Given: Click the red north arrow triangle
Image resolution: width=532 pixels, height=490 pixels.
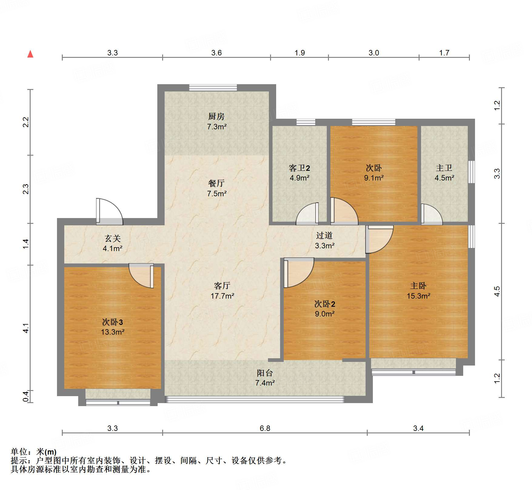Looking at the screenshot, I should pyautogui.click(x=30, y=54).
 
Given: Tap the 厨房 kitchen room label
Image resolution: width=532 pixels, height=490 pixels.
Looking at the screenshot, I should pyautogui.click(x=216, y=116).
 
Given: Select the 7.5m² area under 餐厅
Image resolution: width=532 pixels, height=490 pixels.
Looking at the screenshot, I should pyautogui.click(x=216, y=194).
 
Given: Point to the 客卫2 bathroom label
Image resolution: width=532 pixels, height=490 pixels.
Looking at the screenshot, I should pyautogui.click(x=299, y=168).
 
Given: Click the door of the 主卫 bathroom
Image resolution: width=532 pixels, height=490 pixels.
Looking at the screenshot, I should pyautogui.click(x=431, y=215).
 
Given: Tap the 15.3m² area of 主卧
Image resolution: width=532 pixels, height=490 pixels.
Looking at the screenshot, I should pyautogui.click(x=418, y=296).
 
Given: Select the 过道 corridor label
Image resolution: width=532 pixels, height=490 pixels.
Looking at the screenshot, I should pyautogui.click(x=324, y=235).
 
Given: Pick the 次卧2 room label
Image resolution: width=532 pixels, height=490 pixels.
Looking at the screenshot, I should pyautogui.click(x=324, y=304).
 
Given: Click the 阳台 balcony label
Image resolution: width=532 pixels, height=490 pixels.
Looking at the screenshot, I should pyautogui.click(x=265, y=373).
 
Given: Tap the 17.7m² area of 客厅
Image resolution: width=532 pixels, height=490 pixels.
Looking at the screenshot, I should pyautogui.click(x=222, y=296).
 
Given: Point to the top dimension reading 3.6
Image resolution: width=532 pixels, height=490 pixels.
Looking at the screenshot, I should pyautogui.click(x=216, y=53).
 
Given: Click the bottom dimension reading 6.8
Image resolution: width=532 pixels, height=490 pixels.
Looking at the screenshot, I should pyautogui.click(x=265, y=428).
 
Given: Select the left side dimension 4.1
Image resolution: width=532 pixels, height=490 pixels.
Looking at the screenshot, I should pyautogui.click(x=26, y=328).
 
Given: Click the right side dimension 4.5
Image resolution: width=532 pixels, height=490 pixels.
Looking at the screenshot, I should pyautogui.click(x=497, y=291).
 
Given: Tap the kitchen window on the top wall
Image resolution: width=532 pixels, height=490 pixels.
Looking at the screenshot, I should pyautogui.click(x=213, y=88).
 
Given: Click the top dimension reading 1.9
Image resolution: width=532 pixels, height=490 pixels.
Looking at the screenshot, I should pyautogui.click(x=299, y=53).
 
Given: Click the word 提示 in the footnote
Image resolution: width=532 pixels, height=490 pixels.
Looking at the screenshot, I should pyautogui.click(x=19, y=461).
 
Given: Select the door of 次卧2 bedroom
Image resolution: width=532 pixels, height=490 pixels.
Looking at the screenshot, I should pyautogui.click(x=298, y=273).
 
